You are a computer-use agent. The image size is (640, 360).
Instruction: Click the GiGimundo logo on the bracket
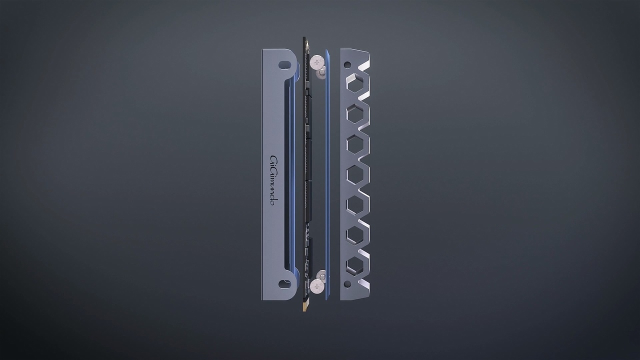[274, 181]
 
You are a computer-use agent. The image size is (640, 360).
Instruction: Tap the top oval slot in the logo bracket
[284, 64]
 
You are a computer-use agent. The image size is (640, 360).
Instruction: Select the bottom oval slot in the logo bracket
[284, 284]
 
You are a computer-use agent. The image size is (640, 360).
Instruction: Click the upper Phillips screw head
[315, 62]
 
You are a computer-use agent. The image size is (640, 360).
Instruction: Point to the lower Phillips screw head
[316, 286]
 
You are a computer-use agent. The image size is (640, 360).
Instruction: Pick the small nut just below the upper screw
[321, 73]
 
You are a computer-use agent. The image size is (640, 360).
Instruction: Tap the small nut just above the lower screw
[321, 275]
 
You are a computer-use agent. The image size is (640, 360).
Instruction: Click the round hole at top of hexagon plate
[346, 64]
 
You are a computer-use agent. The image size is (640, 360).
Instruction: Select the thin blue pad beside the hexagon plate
[327, 175]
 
